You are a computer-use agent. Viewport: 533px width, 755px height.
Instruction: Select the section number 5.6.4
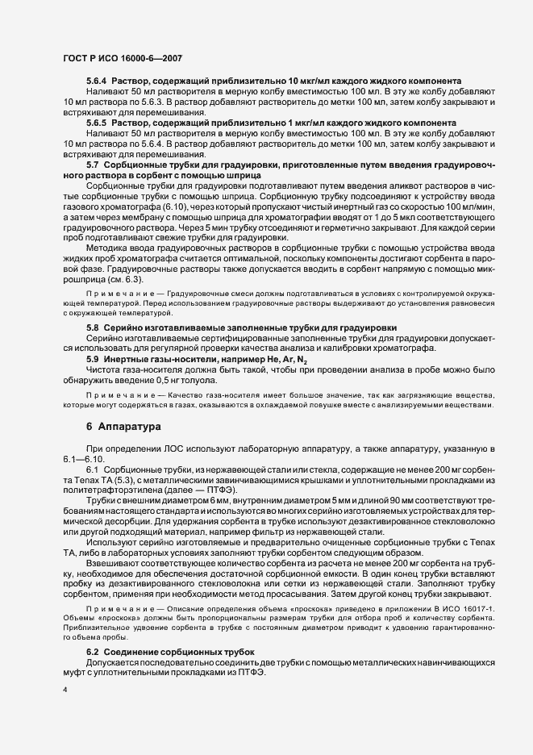click(x=98, y=81)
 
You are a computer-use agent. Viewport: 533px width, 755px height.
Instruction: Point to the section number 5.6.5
click(x=98, y=123)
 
